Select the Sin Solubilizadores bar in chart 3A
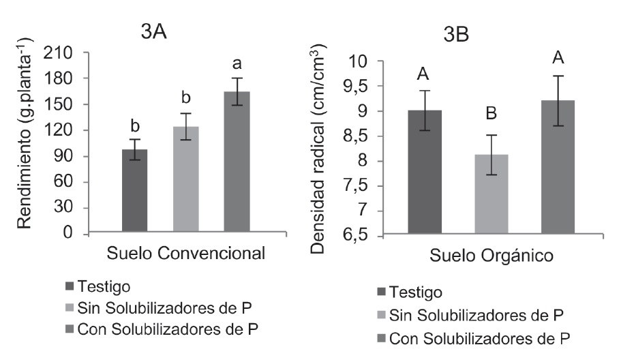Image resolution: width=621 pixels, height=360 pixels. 186,180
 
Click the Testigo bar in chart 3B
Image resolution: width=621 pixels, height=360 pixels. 425,173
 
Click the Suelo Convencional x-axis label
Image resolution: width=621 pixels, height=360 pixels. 186,254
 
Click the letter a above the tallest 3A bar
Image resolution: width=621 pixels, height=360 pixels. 237,65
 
